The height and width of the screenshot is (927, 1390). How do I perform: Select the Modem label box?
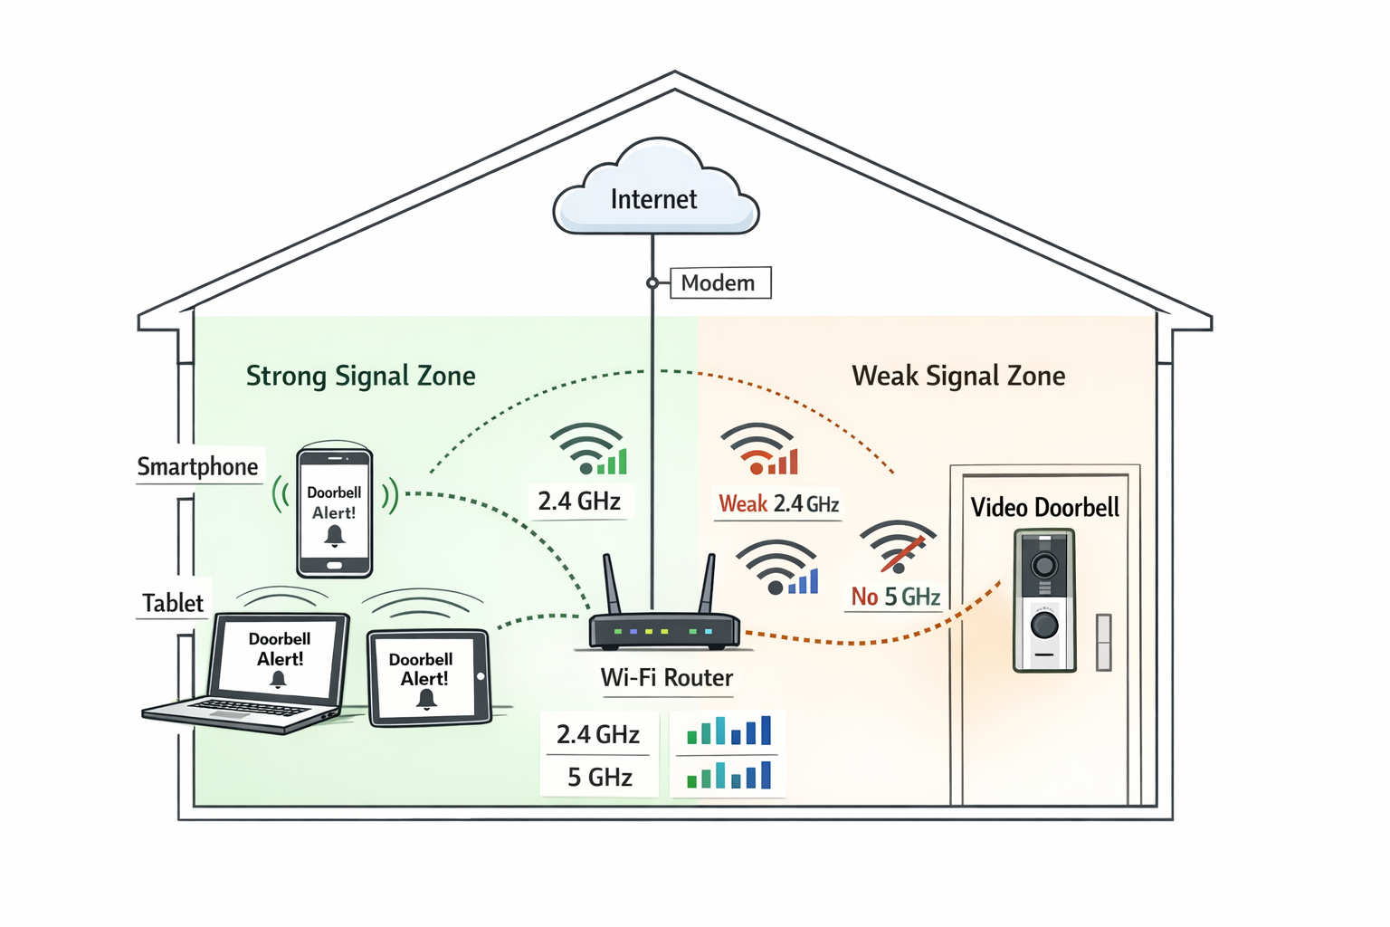coord(719,282)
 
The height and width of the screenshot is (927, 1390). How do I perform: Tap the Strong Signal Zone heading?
coord(360,376)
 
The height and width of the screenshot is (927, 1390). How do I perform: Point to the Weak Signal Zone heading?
coord(958,376)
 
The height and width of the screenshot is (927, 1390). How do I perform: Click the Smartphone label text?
coord(197,466)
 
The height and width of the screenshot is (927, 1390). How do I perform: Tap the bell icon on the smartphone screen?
coord(334,535)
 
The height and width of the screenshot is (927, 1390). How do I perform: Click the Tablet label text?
coord(173,603)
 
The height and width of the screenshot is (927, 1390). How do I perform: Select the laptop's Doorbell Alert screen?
coord(279,658)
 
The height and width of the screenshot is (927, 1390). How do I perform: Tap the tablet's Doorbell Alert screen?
coord(423,678)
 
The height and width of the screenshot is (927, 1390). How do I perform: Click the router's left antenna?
coord(612,585)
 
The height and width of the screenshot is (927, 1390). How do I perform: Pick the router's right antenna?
coord(708,585)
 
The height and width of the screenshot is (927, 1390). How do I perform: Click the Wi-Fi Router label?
coord(667,678)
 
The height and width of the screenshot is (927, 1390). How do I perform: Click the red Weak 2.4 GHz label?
coord(778,503)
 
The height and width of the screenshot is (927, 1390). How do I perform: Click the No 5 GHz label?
coord(895,597)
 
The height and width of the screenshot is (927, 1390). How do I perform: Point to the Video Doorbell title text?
coord(1044,507)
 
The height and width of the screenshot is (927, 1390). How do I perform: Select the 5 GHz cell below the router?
coord(599,777)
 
